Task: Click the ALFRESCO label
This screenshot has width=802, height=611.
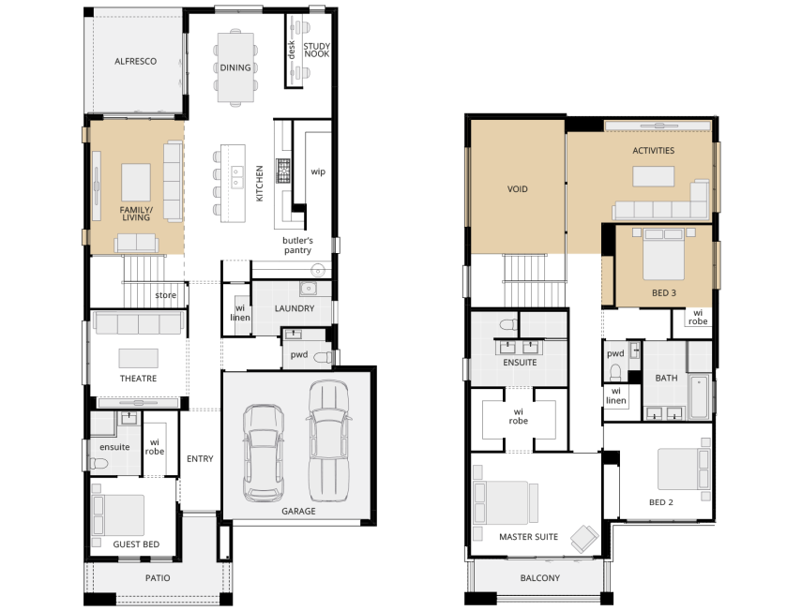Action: pyautogui.click(x=135, y=61)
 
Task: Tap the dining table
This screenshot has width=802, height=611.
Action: pyautogui.click(x=235, y=67)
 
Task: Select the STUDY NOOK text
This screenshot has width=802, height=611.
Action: pyautogui.click(x=317, y=50)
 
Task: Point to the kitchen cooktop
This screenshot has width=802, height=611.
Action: pyautogui.click(x=283, y=171)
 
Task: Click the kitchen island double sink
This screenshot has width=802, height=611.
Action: pyautogui.click(x=237, y=177)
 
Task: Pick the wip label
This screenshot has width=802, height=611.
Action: pyautogui.click(x=318, y=171)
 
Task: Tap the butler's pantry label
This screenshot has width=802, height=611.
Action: pyautogui.click(x=297, y=246)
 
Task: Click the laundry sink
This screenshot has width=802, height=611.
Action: pyautogui.click(x=309, y=289)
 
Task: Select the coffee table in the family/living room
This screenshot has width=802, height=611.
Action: pyautogui.click(x=136, y=182)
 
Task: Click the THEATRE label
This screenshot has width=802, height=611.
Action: pyautogui.click(x=138, y=379)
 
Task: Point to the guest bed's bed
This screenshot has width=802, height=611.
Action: pyautogui.click(x=118, y=515)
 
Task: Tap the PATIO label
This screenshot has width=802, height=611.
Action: pyautogui.click(x=158, y=578)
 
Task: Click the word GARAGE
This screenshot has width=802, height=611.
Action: pyautogui.click(x=298, y=511)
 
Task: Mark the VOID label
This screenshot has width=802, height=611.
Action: pyautogui.click(x=517, y=189)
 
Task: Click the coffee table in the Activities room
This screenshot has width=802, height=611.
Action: pyautogui.click(x=653, y=176)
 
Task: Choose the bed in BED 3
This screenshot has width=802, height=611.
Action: pyautogui.click(x=663, y=254)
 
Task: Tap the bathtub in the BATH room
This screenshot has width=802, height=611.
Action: pyautogui.click(x=699, y=397)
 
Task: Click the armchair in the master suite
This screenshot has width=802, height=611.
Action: pyautogui.click(x=583, y=539)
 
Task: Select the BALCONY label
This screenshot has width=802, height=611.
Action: pyautogui.click(x=539, y=578)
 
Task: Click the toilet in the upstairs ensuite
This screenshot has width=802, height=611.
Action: pyautogui.click(x=507, y=325)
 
